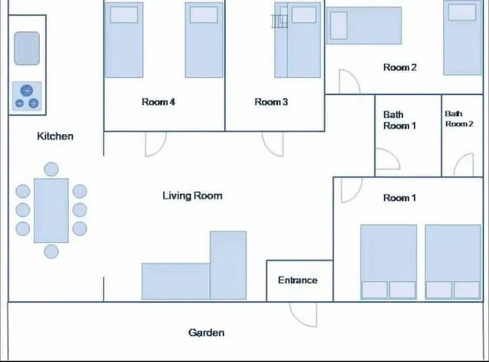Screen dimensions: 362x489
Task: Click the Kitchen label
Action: pos(55,136)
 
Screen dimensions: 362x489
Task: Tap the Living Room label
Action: pos(193,196)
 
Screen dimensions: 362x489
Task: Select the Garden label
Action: pos(206,332)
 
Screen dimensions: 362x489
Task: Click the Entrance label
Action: pos(298,280)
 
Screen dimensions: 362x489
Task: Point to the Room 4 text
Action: pos(159,102)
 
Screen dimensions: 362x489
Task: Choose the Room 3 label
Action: pos(271,102)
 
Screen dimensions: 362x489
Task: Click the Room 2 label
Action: pos(400,67)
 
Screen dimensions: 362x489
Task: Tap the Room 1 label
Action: pos(400,198)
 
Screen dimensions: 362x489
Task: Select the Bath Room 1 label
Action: pos(397,120)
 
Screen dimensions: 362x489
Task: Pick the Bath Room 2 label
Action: pos(459,118)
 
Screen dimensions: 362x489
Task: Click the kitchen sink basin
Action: pos(27,48)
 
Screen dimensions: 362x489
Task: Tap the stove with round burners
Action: pos(27,96)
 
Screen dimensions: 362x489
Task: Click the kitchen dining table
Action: pos(51,210)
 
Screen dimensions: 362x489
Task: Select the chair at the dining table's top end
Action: pos(51,169)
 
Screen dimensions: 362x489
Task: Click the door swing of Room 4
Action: pos(155,143)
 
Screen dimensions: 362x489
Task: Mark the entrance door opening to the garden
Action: pos(303,313)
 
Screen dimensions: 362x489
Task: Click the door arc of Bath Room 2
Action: pos(464,165)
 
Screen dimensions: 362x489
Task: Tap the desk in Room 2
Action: pos(364,26)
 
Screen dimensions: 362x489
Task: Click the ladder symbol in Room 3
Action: pos(279,21)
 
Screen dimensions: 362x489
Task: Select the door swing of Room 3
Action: pos(273,143)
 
